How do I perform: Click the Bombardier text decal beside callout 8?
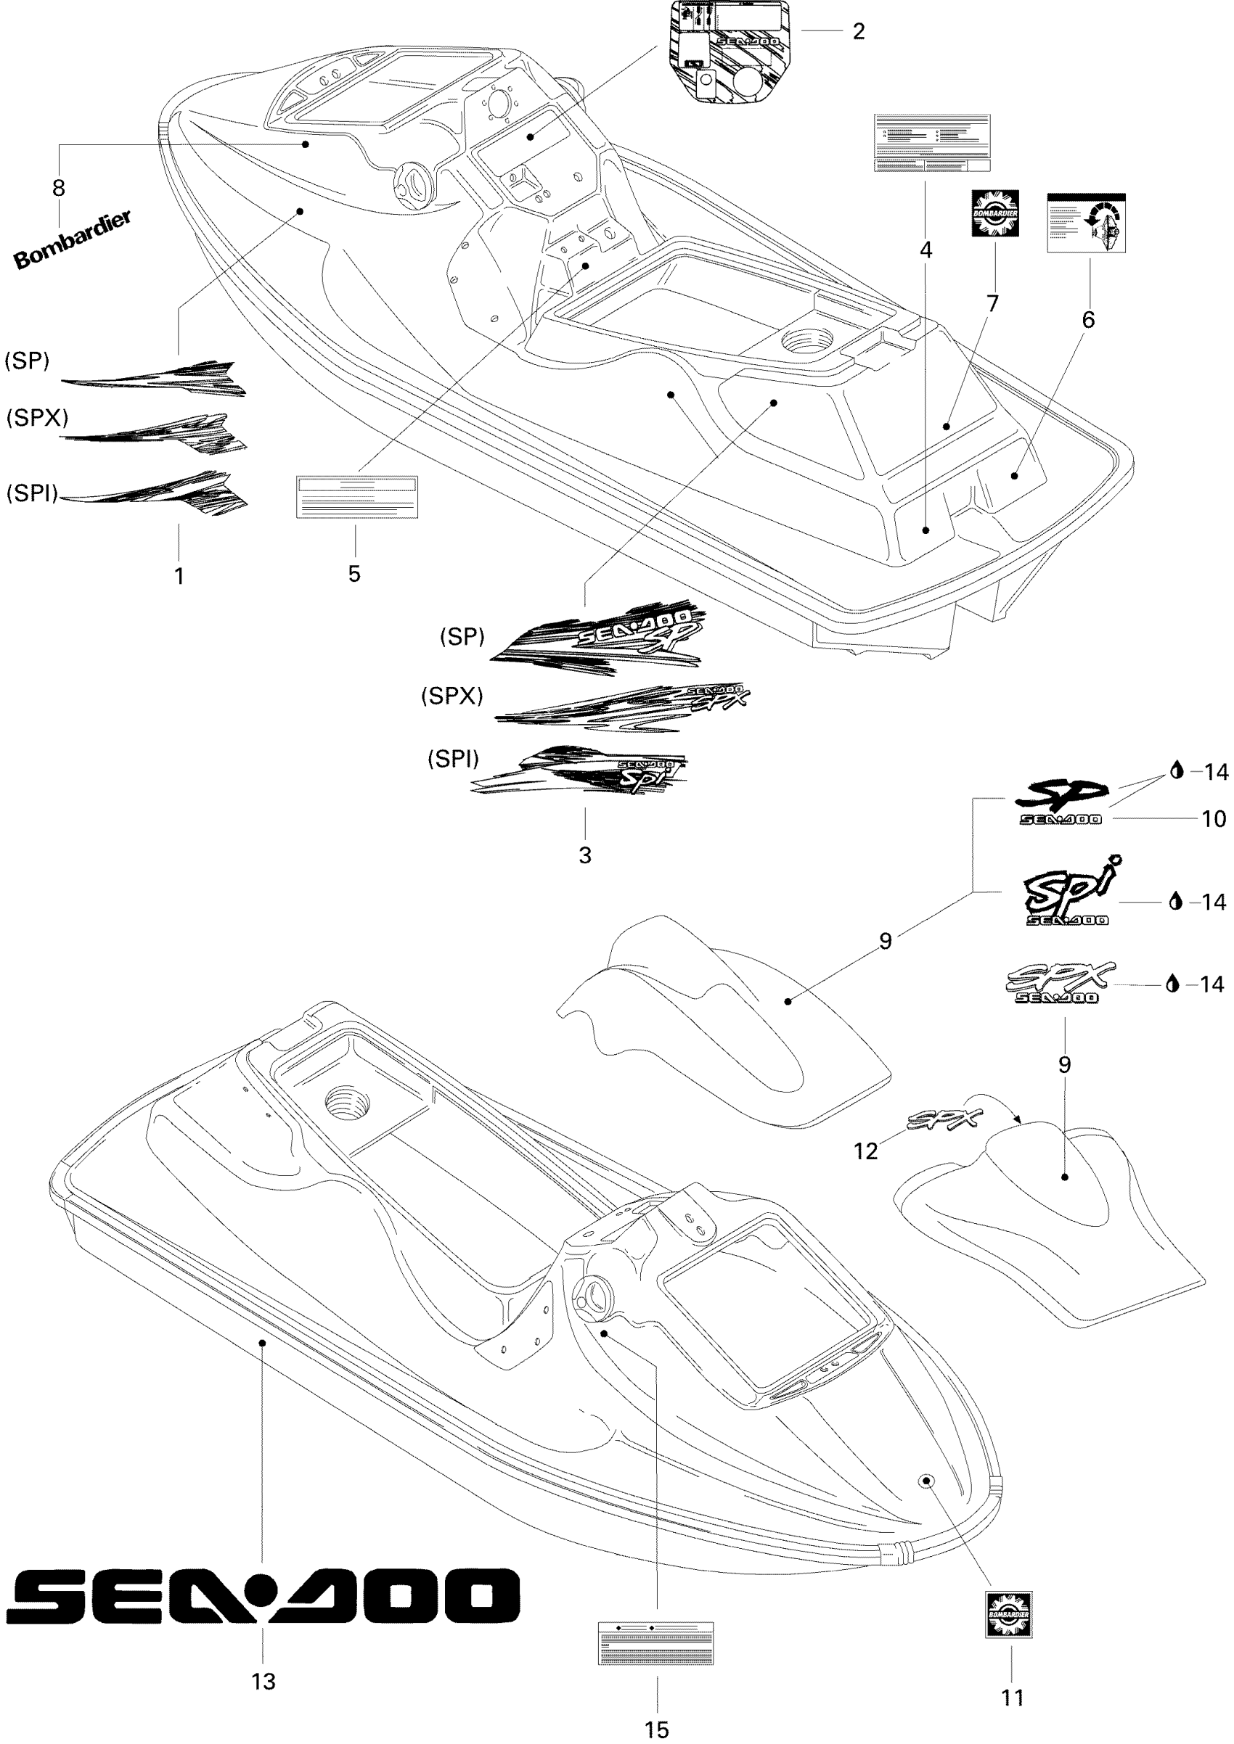(x=73, y=240)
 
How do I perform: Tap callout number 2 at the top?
(x=859, y=32)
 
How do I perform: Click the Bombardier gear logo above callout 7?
(x=994, y=213)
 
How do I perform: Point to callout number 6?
(x=1088, y=320)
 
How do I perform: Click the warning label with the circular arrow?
(x=1086, y=223)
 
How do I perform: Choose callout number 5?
(x=354, y=575)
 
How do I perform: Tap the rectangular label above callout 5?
(x=356, y=497)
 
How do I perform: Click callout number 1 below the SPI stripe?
(x=179, y=577)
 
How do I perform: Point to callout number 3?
(x=584, y=855)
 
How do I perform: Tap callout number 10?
(x=1214, y=819)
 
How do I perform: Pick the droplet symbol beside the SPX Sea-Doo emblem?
(x=1172, y=984)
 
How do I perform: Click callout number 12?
(x=865, y=1151)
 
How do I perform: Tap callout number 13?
(x=263, y=1682)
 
